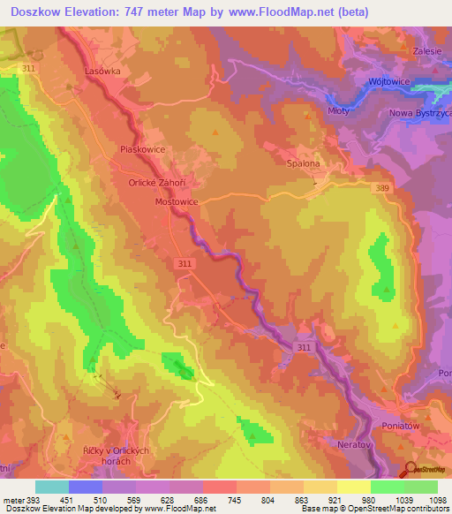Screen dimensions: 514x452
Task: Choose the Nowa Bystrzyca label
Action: point(420,114)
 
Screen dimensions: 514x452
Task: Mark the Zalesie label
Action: point(428,51)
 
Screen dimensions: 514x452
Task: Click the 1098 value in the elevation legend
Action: point(438,500)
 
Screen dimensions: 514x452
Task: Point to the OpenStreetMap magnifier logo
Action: point(411,473)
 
